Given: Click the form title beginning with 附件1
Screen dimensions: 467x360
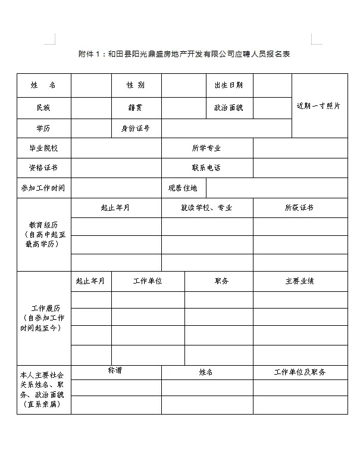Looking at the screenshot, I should click(x=184, y=54).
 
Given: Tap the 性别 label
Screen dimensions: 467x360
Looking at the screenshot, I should click(x=135, y=85).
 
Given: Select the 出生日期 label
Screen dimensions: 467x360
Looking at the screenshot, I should click(x=228, y=85).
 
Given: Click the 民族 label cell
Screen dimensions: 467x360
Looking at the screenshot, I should click(x=43, y=108).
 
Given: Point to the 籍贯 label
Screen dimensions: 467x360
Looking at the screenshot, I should click(x=135, y=108).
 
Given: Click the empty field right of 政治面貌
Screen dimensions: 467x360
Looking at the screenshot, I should click(x=272, y=108).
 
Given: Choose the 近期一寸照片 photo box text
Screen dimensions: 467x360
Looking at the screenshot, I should click(x=319, y=106).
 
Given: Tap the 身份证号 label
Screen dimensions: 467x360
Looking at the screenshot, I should click(x=135, y=128).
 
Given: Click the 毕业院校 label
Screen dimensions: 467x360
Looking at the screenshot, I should click(x=43, y=148).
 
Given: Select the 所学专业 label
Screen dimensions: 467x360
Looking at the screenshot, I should click(x=206, y=148).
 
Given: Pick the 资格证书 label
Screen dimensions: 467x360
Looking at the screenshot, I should click(x=43, y=167).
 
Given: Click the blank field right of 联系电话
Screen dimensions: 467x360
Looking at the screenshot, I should click(x=300, y=167).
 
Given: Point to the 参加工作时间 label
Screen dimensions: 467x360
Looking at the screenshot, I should click(x=43, y=188).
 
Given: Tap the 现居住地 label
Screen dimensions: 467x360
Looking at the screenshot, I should click(x=183, y=188).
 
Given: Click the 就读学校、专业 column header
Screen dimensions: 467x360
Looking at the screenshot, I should click(x=206, y=208).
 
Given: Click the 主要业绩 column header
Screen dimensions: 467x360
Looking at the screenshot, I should click(x=300, y=281).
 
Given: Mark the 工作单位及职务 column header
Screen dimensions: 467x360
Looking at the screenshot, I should click(x=300, y=372).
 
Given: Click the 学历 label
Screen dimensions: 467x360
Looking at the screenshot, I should click(x=43, y=128).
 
